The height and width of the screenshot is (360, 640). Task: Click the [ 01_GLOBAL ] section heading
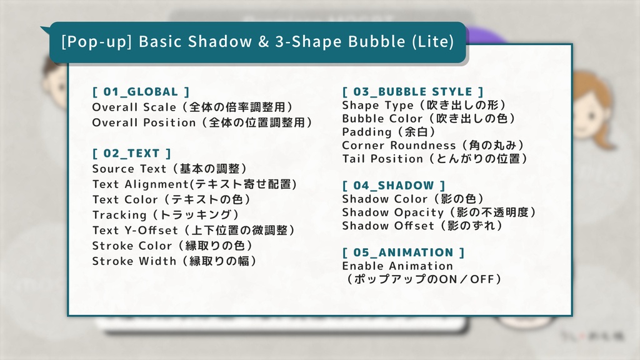tap(141, 92)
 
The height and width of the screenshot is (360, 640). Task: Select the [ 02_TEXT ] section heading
tap(131, 153)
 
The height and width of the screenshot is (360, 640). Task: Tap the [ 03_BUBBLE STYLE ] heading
tap(412, 92)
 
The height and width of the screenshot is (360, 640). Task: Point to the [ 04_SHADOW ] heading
tap(394, 185)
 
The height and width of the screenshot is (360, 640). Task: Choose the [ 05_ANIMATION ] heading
tap(403, 252)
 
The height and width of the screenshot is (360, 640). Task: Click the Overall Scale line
tap(192, 107)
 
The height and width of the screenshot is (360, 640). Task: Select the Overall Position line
tap(202, 122)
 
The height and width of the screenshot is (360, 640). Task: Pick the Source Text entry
tap(170, 169)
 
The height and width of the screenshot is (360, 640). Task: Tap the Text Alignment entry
tap(194, 184)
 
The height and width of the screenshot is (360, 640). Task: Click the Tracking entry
tap(166, 215)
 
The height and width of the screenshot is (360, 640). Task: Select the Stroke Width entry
tap(175, 261)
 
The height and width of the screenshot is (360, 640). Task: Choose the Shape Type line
tap(424, 105)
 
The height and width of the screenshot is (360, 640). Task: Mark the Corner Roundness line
tap(433, 146)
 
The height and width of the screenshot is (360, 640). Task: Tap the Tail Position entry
tap(435, 159)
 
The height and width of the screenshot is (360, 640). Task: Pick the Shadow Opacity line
tap(439, 212)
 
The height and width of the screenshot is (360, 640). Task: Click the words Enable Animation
tap(397, 266)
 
